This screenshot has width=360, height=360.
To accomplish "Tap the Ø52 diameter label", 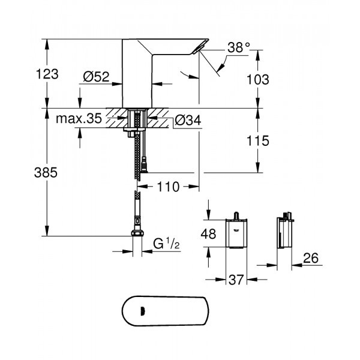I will coord(95,76).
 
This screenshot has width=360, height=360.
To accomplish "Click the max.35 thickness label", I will coord(79,119).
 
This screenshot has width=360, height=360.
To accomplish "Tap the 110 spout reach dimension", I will coord(169,187).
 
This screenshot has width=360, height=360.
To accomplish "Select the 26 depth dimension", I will coord(311,259).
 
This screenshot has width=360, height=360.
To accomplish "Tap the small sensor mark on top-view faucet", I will coord(142,311).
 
